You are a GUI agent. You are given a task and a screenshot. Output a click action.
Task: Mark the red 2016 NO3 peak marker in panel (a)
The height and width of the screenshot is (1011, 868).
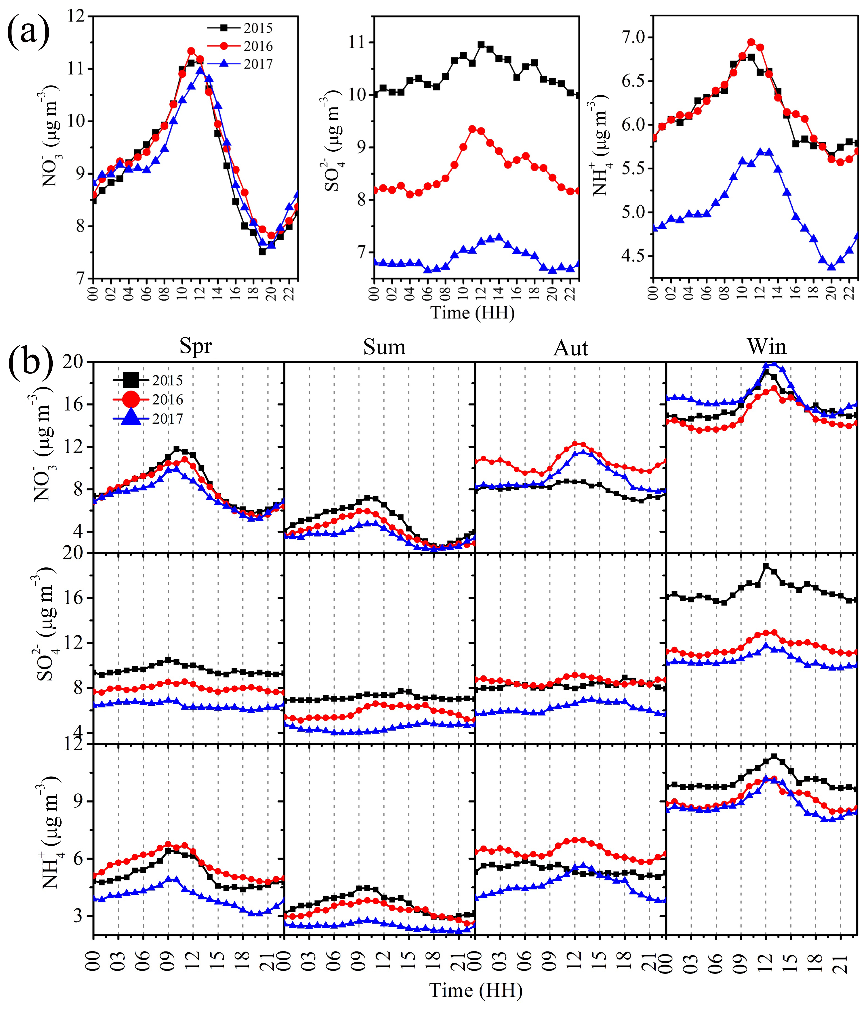click(191, 51)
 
